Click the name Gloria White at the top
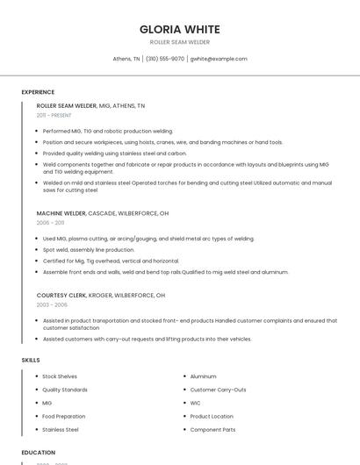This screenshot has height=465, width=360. [x=180, y=29]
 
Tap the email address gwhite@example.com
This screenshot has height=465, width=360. [x=219, y=59]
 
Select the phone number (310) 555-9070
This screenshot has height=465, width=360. [x=165, y=59]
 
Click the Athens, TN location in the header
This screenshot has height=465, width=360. [x=126, y=59]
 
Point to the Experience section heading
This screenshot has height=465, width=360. [x=38, y=91]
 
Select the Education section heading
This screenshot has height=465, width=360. [x=39, y=453]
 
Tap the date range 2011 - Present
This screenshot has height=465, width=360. [x=54, y=115]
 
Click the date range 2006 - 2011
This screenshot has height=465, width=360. [x=50, y=223]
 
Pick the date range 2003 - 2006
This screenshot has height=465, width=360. [x=52, y=304]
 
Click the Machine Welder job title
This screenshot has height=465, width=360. [x=61, y=213]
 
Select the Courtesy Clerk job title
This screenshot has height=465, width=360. [x=63, y=295]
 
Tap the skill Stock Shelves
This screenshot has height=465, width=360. [x=60, y=376]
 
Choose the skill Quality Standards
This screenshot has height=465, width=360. [x=65, y=390]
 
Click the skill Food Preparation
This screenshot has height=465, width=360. [x=64, y=417]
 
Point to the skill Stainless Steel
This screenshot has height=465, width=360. [x=61, y=430]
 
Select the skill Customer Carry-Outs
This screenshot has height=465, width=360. [x=218, y=390]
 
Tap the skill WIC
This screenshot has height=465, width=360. [x=196, y=403]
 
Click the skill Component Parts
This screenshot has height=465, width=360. [x=212, y=430]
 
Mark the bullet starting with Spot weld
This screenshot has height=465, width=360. [x=86, y=249]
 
